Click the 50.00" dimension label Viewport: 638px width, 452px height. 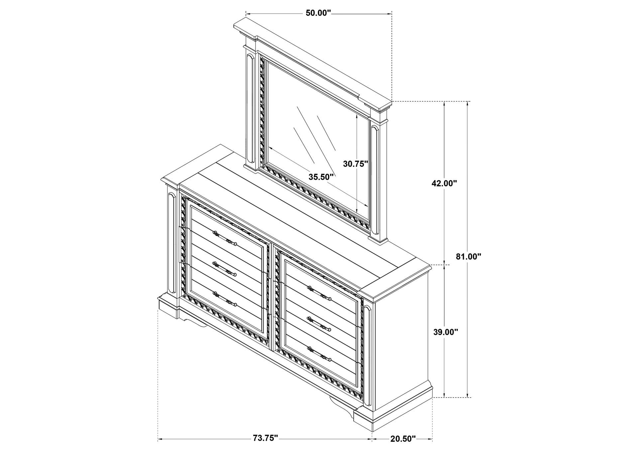click(318, 13)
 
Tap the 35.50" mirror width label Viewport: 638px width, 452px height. click(321, 177)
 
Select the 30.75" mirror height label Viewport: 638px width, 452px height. click(356, 164)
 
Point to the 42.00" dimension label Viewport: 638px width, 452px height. click(444, 183)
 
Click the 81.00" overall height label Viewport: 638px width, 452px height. click(469, 257)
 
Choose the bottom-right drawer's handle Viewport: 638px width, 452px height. click(319, 353)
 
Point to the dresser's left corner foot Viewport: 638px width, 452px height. click(168, 309)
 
